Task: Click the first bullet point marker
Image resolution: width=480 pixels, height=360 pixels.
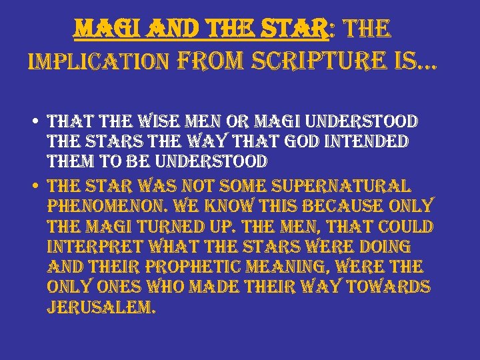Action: pyautogui.click(x=33, y=123)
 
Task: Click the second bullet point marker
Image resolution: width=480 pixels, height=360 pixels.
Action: pyautogui.click(x=33, y=185)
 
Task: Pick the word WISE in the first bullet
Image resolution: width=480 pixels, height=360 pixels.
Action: pyautogui.click(x=175, y=121)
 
